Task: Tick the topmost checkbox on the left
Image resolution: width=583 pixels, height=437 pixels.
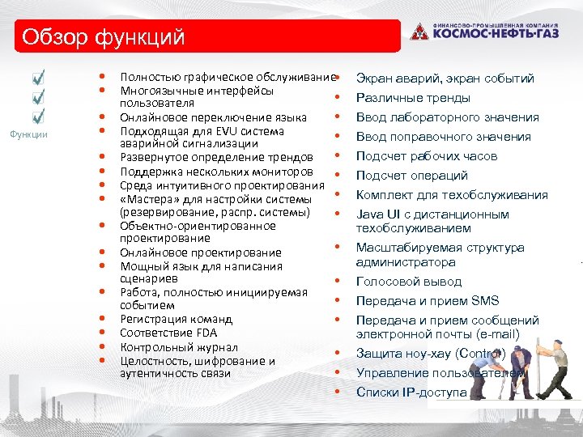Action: click(39, 79)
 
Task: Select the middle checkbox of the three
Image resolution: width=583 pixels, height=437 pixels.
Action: click(39, 98)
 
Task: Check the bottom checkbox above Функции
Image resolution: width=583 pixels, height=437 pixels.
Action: click(39, 117)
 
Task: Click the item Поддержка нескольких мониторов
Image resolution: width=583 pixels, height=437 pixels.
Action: click(216, 172)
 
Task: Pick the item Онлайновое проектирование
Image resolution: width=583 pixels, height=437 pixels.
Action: click(201, 252)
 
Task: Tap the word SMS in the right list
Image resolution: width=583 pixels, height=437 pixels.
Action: click(485, 301)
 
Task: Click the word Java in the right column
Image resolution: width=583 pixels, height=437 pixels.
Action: click(371, 214)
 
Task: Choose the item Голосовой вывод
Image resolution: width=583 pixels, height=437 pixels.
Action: click(409, 282)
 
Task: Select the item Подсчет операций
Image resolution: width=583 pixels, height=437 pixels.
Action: click(412, 176)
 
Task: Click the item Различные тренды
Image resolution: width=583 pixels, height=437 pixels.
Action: click(413, 98)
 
